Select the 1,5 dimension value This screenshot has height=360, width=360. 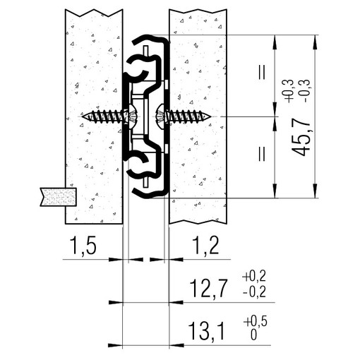point(83,246)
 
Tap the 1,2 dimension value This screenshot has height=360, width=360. point(205,246)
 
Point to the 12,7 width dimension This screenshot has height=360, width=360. point(208,289)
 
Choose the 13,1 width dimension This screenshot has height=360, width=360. point(207,331)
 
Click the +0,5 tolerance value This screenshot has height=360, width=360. point(255,321)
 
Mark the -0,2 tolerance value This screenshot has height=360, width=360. point(254,292)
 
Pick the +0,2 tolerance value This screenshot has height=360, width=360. point(254,276)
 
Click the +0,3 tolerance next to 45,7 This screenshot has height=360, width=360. point(289,90)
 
